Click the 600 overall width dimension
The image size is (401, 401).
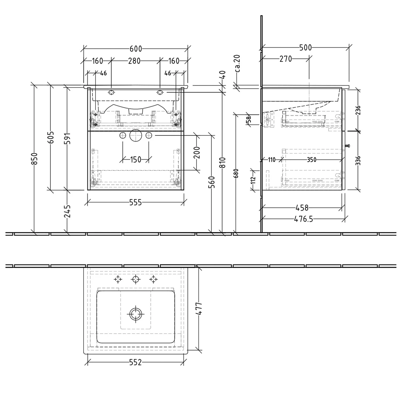pos(136,49)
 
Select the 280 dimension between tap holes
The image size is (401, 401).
pos(134,61)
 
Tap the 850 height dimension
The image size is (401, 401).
pos(35,159)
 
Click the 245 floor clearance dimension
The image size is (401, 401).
pos(68,211)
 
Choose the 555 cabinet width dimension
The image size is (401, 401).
pos(136,203)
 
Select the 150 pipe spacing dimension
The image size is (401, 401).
pos(136,160)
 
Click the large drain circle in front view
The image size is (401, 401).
pos(136,136)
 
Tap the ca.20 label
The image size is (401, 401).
pos(237,64)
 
